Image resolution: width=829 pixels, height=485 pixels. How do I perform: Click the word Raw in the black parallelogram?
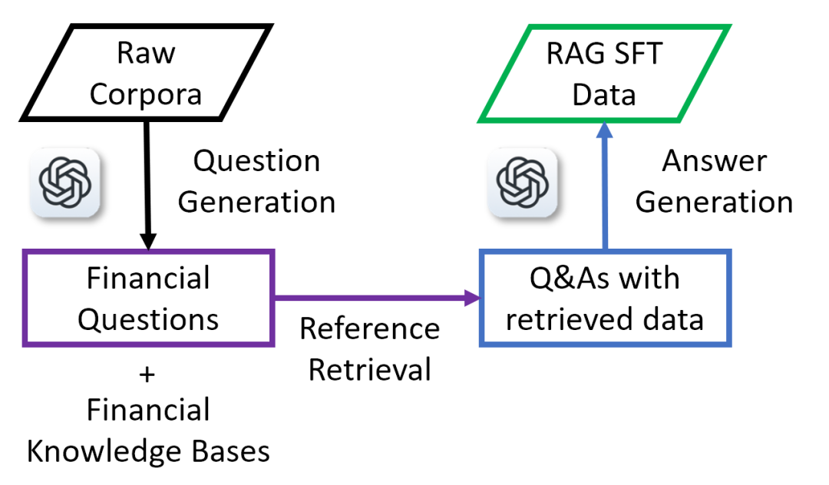coord(146,53)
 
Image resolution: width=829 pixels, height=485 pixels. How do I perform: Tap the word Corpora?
coord(146,95)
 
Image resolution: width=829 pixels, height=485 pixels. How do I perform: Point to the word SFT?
coord(636,54)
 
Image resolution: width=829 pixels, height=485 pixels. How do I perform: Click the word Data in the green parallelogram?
coord(604,95)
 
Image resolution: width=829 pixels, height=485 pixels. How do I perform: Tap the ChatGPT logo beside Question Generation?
coord(65,183)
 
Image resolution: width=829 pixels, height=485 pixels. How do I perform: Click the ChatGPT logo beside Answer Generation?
coord(523,183)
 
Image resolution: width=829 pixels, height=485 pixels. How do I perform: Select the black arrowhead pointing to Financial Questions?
coord(148,240)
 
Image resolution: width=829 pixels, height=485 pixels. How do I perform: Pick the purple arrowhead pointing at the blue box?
coord(471,298)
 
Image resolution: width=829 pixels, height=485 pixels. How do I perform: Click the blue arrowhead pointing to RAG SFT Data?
coord(604,130)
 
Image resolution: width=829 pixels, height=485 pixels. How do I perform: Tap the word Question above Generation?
coord(257,161)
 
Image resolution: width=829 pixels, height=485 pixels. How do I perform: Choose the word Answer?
coord(715,160)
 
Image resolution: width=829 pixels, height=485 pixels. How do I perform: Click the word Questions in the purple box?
coord(148,320)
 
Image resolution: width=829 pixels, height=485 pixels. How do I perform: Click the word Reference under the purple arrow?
coord(369,328)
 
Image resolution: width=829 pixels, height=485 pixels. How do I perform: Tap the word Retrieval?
coord(369,370)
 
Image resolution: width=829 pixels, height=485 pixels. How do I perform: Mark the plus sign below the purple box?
coord(147,375)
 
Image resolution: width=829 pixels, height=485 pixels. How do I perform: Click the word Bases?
coord(230,452)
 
